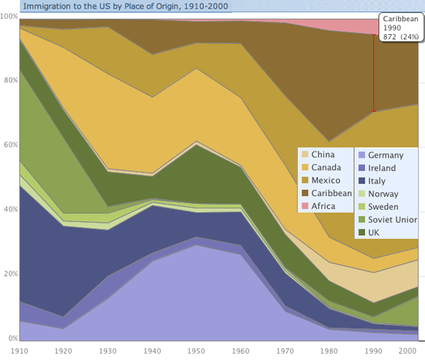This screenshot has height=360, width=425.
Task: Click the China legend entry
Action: click(x=322, y=154)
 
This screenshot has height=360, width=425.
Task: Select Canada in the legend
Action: click(x=327, y=167)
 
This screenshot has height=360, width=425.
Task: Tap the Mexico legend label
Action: click(x=327, y=180)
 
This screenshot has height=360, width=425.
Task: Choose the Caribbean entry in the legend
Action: click(x=331, y=193)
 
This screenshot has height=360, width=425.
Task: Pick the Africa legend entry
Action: click(x=324, y=206)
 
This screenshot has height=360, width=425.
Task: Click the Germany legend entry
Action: click(x=386, y=154)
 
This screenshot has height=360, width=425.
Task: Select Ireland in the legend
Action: click(x=382, y=167)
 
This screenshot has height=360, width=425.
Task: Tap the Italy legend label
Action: click(x=377, y=180)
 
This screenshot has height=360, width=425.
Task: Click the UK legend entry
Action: click(x=375, y=232)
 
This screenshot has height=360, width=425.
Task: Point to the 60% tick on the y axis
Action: click(x=9, y=145)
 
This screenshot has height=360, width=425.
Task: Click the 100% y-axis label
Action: click(x=10, y=15)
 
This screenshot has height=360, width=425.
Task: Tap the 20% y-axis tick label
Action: click(x=9, y=274)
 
